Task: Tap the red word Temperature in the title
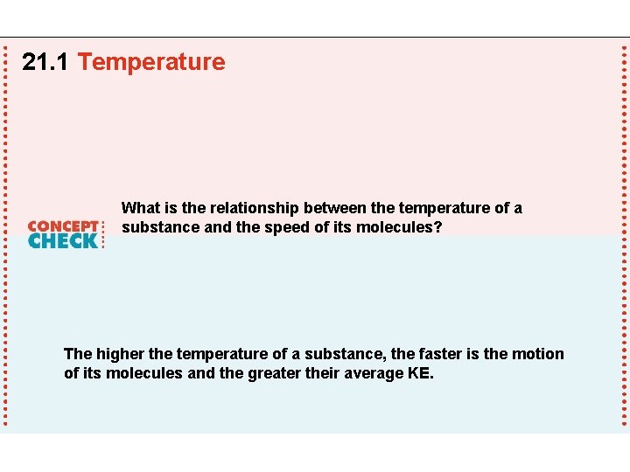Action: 150,62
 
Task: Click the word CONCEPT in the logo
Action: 62,226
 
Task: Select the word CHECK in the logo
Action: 62,240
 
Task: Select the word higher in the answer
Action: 120,354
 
